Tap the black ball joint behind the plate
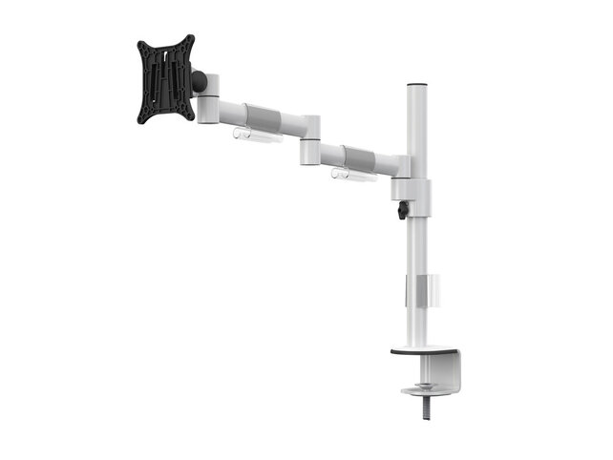199,82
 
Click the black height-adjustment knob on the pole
402,209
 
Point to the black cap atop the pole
415,85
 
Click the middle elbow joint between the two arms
309,140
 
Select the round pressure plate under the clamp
421,390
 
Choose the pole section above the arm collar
416,124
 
